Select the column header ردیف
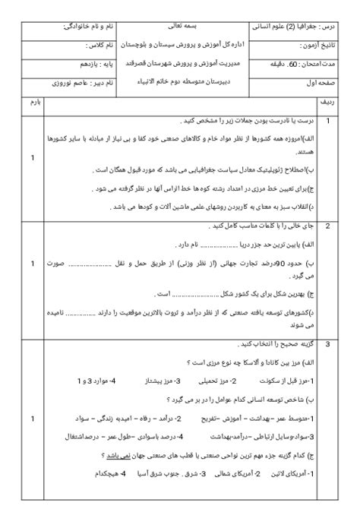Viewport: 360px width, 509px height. tap(339, 100)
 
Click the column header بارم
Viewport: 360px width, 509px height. tap(32, 100)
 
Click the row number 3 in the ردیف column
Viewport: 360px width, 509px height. tap(327, 344)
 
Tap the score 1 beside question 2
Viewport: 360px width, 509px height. tap(32, 264)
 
